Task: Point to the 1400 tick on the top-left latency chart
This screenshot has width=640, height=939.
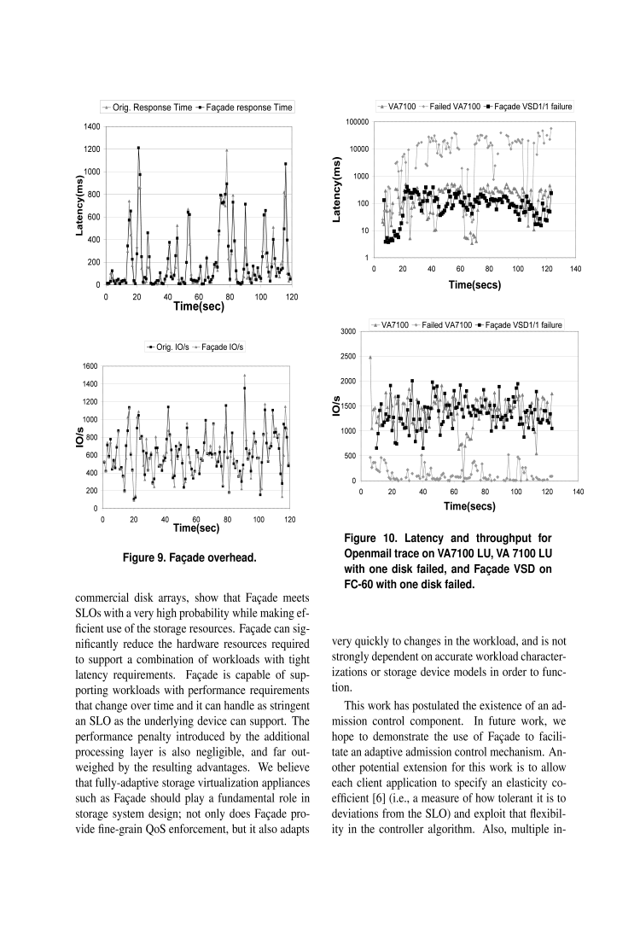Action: [91, 126]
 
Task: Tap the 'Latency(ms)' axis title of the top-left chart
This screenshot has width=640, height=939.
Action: [79, 205]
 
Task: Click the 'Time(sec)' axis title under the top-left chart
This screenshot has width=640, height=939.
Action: [199, 306]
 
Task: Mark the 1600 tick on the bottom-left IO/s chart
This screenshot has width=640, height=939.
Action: [88, 365]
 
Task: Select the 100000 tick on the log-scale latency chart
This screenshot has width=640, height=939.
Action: [355, 122]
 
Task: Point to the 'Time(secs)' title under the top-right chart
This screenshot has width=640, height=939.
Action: [475, 284]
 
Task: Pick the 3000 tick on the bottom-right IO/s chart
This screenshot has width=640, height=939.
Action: [347, 331]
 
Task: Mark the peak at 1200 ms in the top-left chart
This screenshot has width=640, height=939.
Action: [138, 148]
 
